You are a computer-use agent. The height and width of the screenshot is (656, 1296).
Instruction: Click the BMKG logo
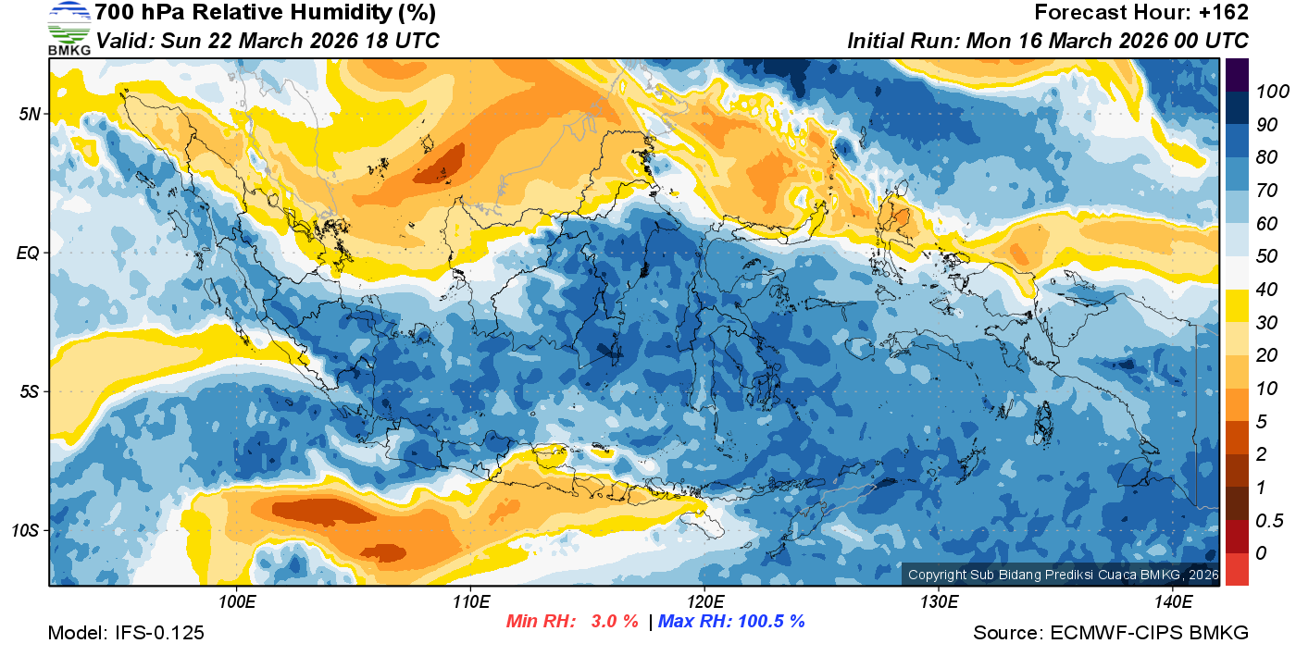pyautogui.click(x=69, y=29)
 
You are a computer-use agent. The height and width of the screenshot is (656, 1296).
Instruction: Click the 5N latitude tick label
pyautogui.click(x=29, y=114)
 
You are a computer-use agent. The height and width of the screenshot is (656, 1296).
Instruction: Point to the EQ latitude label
pyautogui.click(x=28, y=253)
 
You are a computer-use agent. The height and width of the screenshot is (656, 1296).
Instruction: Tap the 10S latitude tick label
pyautogui.click(x=26, y=531)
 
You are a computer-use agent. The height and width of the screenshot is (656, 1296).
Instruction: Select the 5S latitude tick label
pyautogui.click(x=29, y=392)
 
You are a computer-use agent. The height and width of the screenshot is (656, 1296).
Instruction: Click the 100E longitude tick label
pyautogui.click(x=237, y=602)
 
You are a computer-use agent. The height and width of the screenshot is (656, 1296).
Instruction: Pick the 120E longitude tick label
pyautogui.click(x=704, y=602)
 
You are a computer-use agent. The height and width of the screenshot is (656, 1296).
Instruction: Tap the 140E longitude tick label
pyautogui.click(x=1173, y=602)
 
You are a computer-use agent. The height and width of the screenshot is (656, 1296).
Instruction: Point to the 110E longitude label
pyautogui.click(x=470, y=602)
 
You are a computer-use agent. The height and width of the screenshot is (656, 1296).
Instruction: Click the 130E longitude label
pyautogui.click(x=939, y=602)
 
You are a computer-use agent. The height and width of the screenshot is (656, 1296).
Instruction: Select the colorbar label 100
pyautogui.click(x=1265, y=92)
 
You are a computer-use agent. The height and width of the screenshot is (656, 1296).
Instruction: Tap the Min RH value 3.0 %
pyautogui.click(x=615, y=621)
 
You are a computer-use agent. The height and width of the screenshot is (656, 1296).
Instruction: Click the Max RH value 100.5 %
pyautogui.click(x=769, y=621)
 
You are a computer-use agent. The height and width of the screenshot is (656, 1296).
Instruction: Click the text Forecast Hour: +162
pyautogui.click(x=1141, y=13)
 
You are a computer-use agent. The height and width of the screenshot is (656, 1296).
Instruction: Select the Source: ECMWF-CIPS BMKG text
pyautogui.click(x=1111, y=633)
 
